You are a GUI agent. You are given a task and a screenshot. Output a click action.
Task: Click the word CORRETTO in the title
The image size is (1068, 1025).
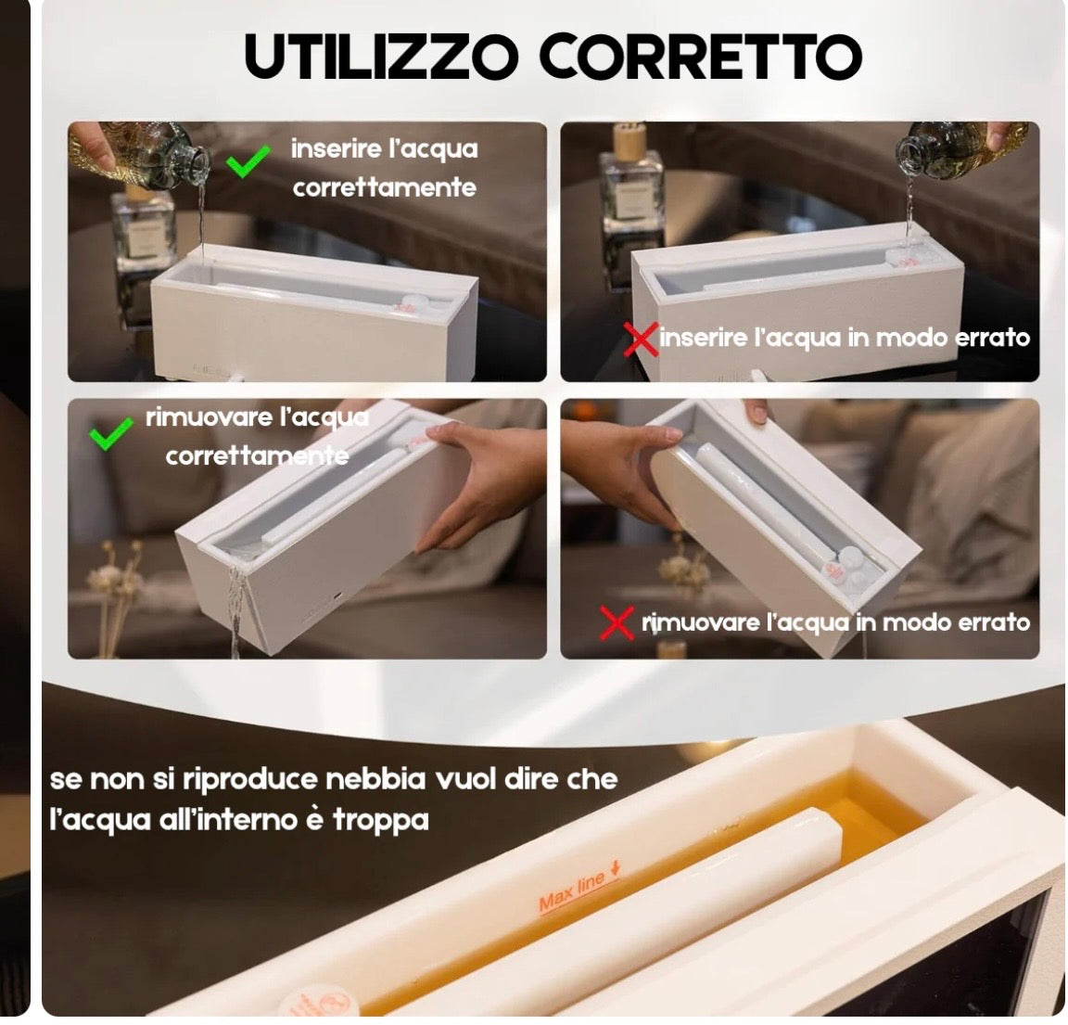pyautogui.click(x=700, y=58)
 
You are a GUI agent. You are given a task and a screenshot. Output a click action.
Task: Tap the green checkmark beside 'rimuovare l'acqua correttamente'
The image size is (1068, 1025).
pyautogui.click(x=111, y=433)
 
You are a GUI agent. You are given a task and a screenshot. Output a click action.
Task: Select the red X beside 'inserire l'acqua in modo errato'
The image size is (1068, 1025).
pyautogui.click(x=641, y=339)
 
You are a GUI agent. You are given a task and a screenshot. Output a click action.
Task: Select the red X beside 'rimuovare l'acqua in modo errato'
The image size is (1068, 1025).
pyautogui.click(x=617, y=622)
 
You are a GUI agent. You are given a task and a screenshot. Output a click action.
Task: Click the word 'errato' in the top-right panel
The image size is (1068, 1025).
pyautogui.click(x=992, y=338)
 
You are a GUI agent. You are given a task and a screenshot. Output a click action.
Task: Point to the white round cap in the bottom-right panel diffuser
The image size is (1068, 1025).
pyautogui.click(x=849, y=560)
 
